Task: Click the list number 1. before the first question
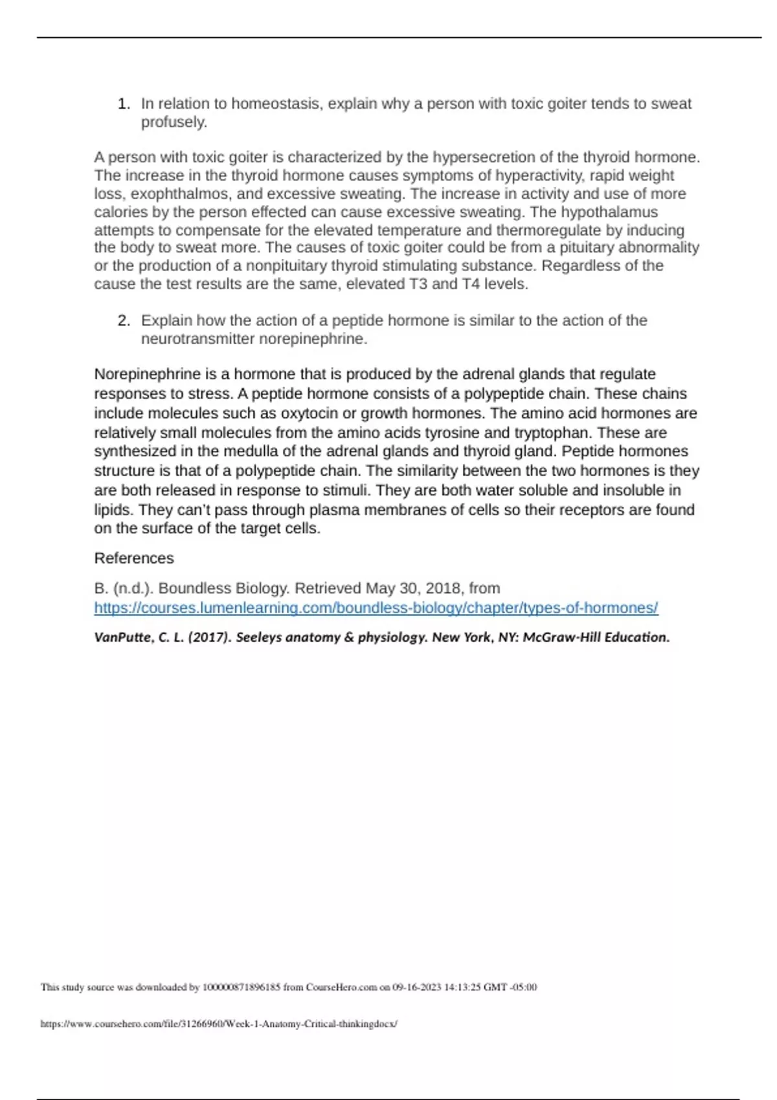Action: coord(124,104)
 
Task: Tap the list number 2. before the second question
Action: coord(124,321)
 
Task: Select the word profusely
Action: coord(174,122)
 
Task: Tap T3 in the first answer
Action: coord(418,284)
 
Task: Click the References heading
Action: coord(134,558)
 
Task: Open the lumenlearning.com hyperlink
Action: coord(376,608)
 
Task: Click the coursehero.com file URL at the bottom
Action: coord(219,1024)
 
